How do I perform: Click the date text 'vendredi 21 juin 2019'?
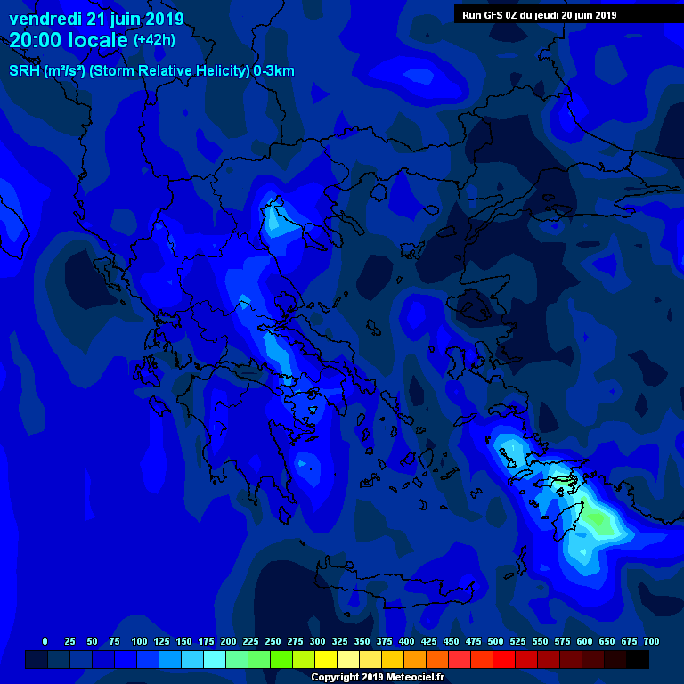96,19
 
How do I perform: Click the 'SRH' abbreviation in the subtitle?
24,71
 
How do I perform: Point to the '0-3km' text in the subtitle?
273,71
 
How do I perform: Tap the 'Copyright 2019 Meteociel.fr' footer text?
377,678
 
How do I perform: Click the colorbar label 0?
45,641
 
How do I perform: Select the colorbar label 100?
139,641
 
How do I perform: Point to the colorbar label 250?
273,641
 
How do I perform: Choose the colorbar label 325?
339,641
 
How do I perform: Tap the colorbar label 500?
495,641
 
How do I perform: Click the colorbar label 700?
651,641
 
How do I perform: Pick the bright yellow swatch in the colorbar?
326,660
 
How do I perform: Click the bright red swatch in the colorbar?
504,660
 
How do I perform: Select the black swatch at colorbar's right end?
638,660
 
